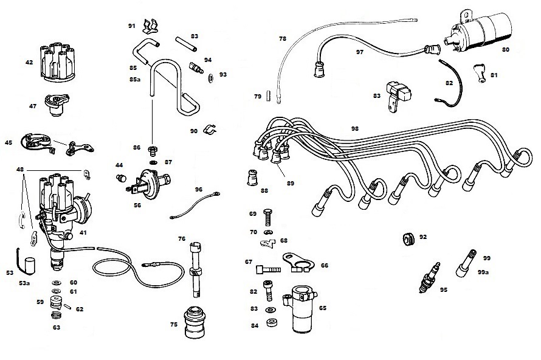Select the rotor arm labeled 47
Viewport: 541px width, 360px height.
tap(58, 104)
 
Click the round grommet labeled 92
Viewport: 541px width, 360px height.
tap(407, 238)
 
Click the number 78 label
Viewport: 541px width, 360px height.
tap(282, 39)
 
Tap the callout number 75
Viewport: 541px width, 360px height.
tap(173, 325)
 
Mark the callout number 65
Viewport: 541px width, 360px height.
tap(322, 308)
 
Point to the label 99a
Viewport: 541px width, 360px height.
tap(483, 272)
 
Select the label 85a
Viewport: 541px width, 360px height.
tap(134, 79)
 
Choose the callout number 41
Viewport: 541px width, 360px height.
tap(83, 232)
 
